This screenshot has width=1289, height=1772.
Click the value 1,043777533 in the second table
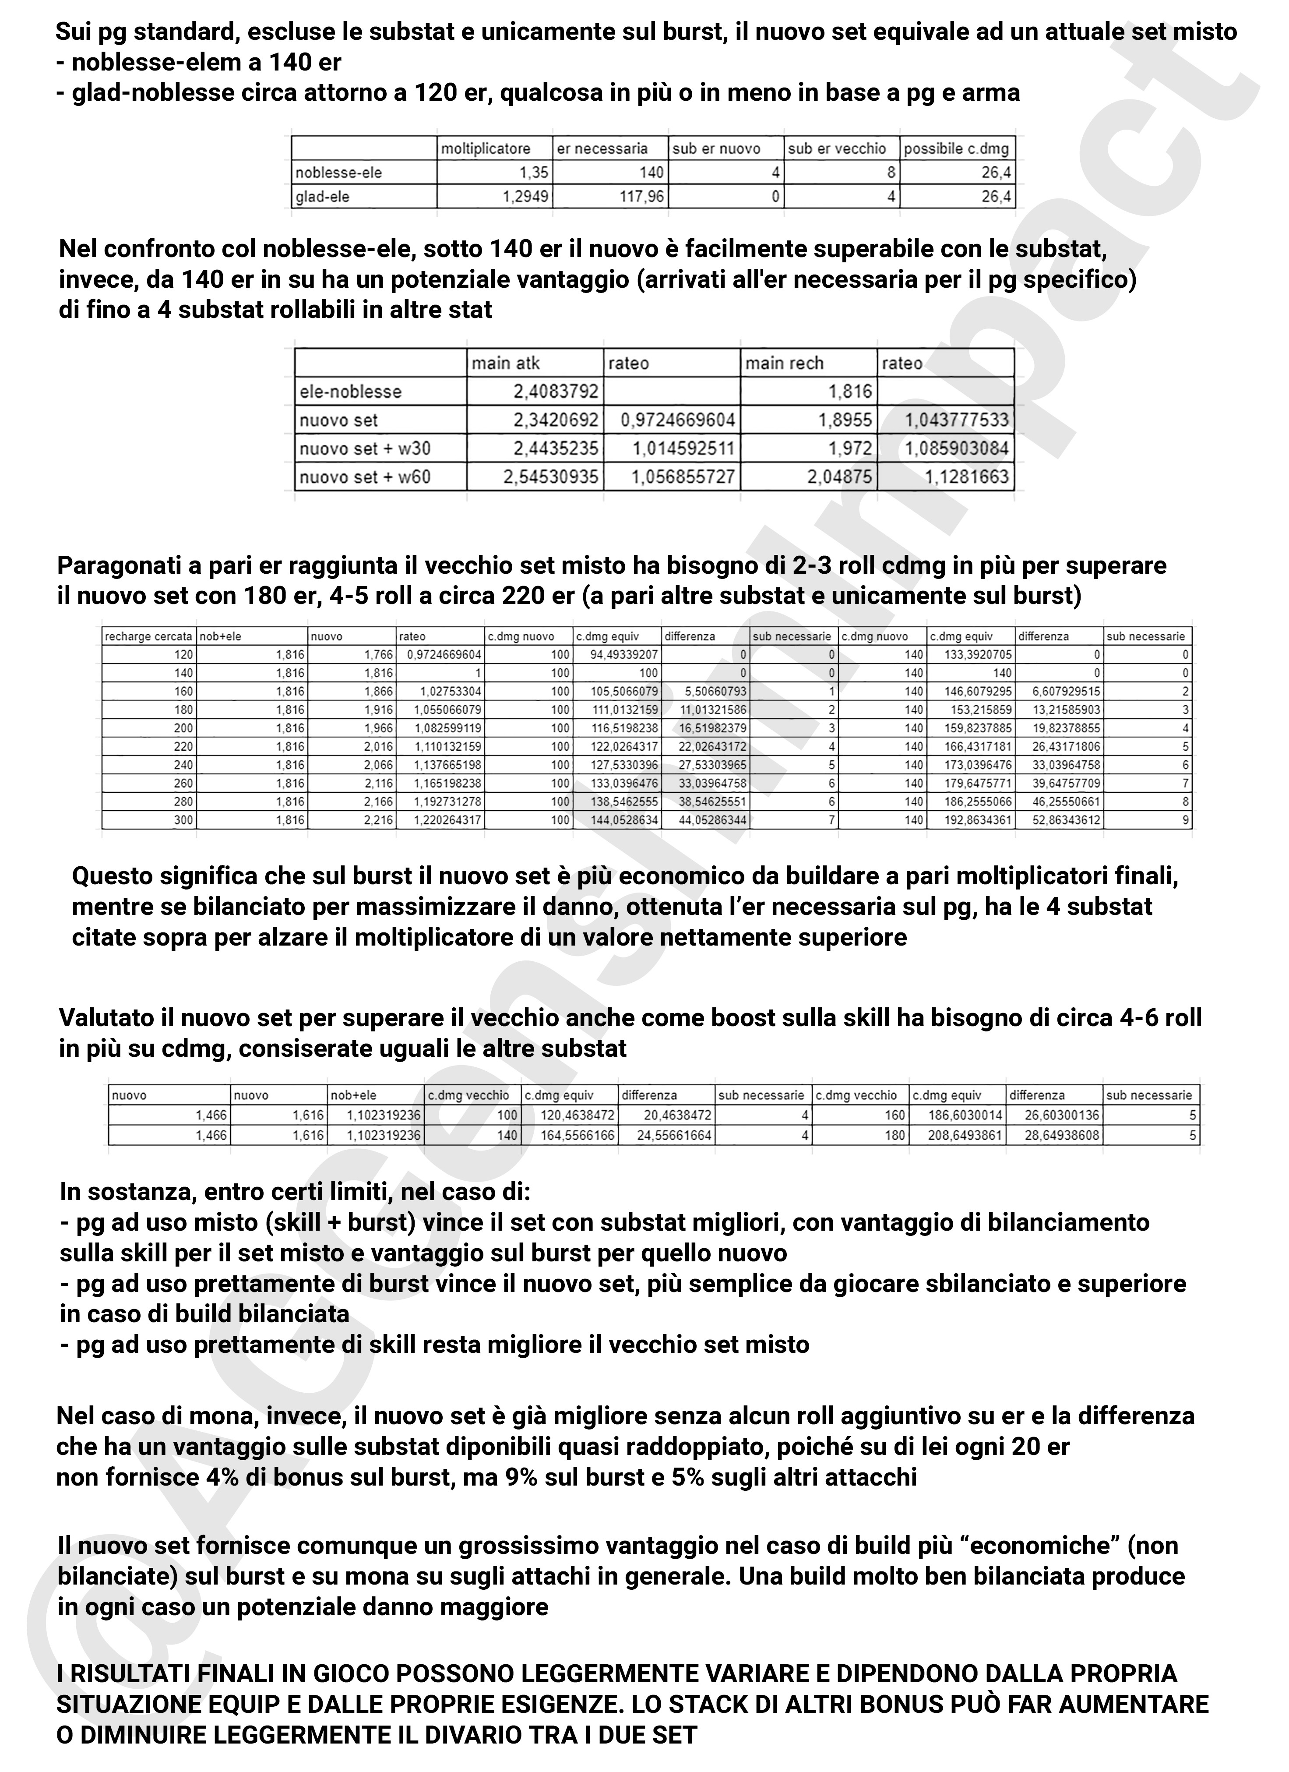[957, 420]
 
